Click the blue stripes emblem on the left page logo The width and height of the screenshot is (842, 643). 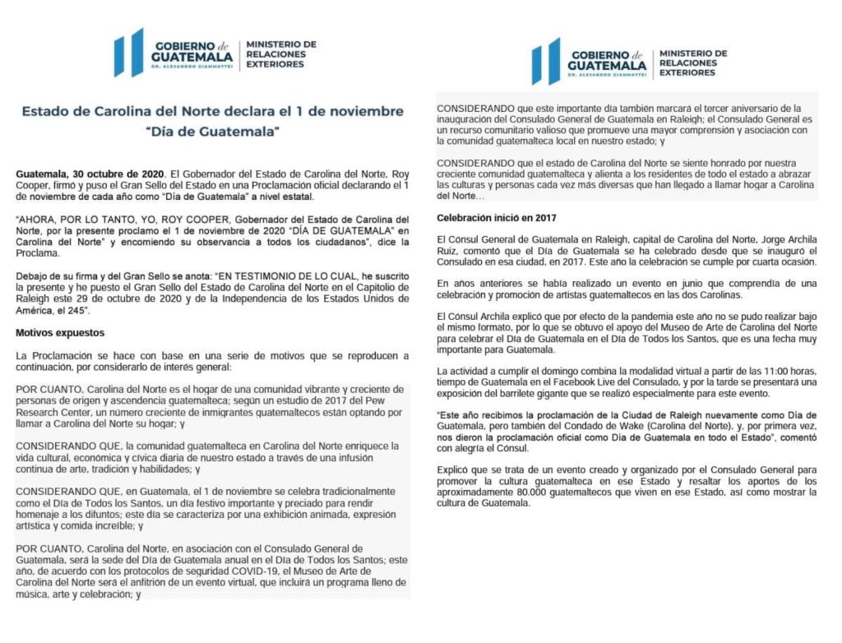[x=129, y=53]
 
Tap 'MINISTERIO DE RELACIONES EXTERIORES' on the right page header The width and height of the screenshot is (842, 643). [x=692, y=62]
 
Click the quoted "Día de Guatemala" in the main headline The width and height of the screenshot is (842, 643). [x=213, y=131]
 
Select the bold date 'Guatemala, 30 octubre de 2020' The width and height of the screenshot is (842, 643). [x=89, y=175]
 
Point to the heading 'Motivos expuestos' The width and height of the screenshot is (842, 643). [x=61, y=333]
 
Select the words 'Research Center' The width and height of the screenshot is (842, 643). [x=52, y=415]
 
